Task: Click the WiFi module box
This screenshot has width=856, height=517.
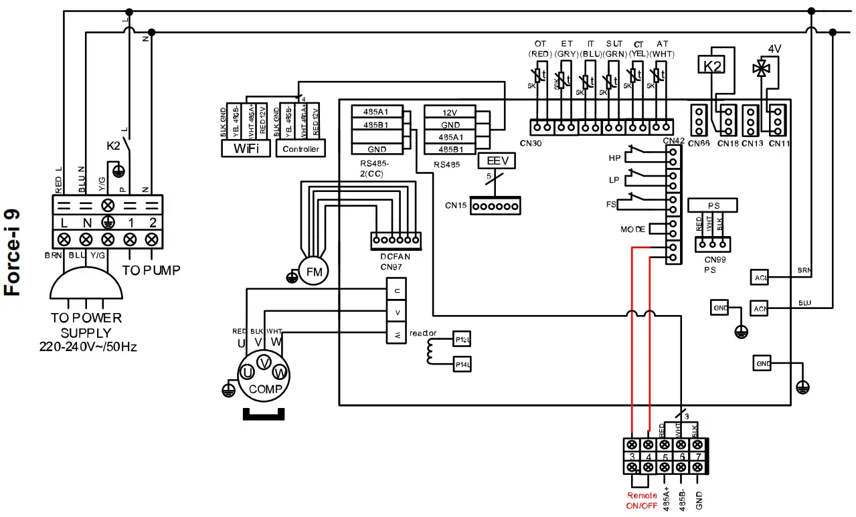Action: click(x=246, y=148)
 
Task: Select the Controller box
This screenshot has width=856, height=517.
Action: click(x=301, y=148)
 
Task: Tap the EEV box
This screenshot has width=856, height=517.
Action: click(x=497, y=161)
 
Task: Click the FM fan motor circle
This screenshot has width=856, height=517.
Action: click(x=314, y=272)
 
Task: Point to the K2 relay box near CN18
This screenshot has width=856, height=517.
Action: click(x=712, y=65)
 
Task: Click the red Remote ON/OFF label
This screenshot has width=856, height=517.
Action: click(x=642, y=500)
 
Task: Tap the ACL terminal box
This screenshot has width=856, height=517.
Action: click(x=760, y=278)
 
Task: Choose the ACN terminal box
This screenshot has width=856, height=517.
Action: click(x=760, y=308)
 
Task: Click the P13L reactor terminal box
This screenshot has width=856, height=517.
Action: click(x=462, y=340)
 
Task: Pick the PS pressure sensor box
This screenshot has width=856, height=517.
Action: click(x=712, y=205)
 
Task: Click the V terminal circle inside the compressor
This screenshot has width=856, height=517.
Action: click(x=264, y=363)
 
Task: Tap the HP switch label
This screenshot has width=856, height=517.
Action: click(x=614, y=159)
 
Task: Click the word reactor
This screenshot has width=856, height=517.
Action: click(x=423, y=332)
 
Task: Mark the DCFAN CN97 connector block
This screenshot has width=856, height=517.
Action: click(x=396, y=239)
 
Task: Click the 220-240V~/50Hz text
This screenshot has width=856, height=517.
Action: click(x=88, y=347)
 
